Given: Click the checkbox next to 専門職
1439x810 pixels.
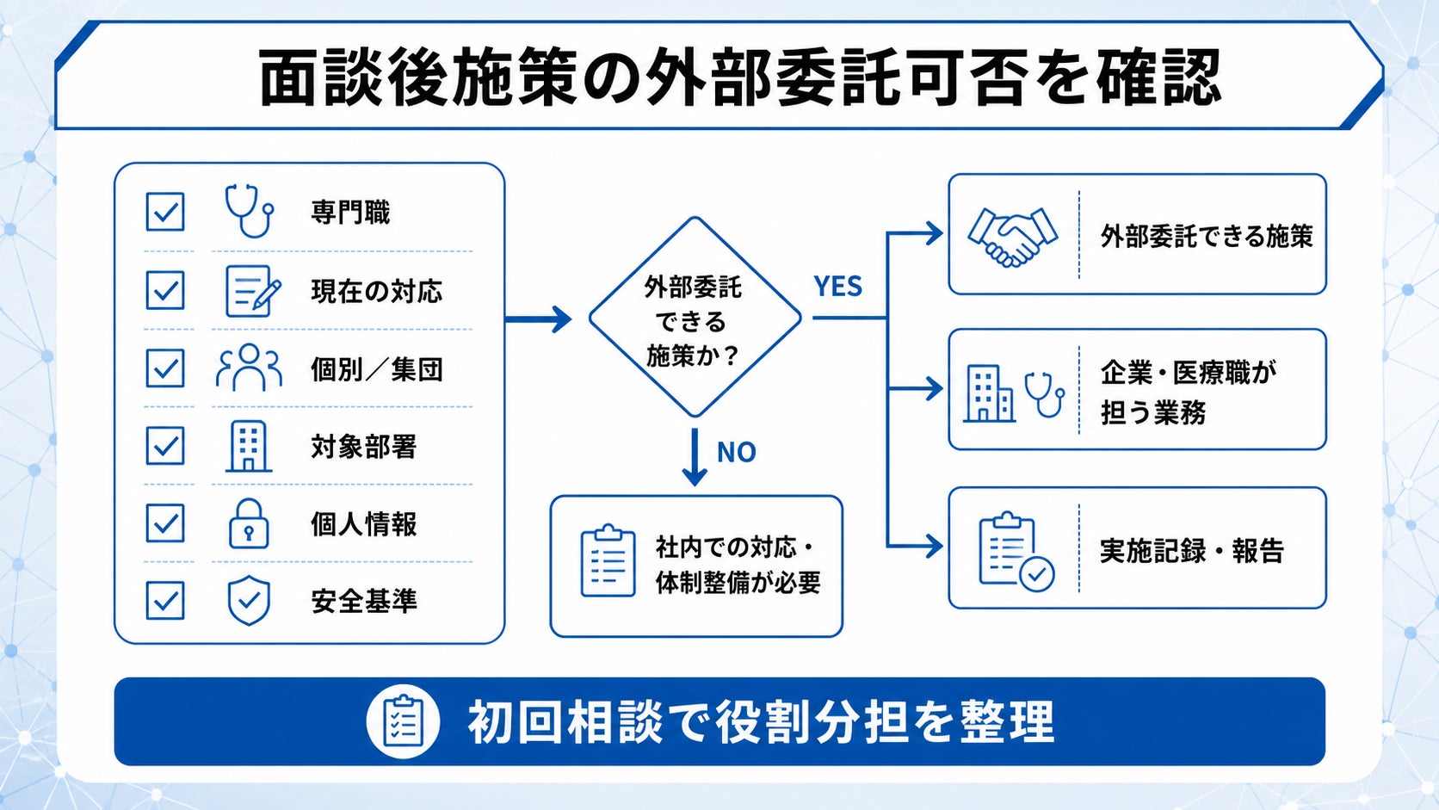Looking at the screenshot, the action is [165, 212].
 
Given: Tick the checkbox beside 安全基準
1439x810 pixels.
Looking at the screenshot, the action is [165, 601].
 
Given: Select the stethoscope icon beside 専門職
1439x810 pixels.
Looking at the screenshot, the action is [250, 211].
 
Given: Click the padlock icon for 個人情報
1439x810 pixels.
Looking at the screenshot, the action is [249, 523].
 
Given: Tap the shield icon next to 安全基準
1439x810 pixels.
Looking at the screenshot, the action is [250, 601].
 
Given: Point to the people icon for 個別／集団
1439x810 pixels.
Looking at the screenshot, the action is [249, 368].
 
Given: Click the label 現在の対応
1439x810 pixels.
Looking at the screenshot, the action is [376, 291].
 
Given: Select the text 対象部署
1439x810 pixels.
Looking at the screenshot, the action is [363, 447].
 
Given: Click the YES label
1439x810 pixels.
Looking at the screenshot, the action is [837, 287].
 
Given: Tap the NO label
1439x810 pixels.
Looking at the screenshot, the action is [736, 452].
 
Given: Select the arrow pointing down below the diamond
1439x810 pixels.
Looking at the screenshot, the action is [695, 457].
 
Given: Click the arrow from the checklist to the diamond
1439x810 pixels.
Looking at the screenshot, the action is [539, 318].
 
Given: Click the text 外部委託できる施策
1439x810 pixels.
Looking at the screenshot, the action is [1207, 237].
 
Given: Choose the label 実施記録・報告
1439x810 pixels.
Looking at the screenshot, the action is [1192, 551].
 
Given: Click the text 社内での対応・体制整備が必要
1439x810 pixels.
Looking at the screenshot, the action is [738, 566].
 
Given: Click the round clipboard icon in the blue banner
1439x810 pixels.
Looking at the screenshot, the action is [403, 721].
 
